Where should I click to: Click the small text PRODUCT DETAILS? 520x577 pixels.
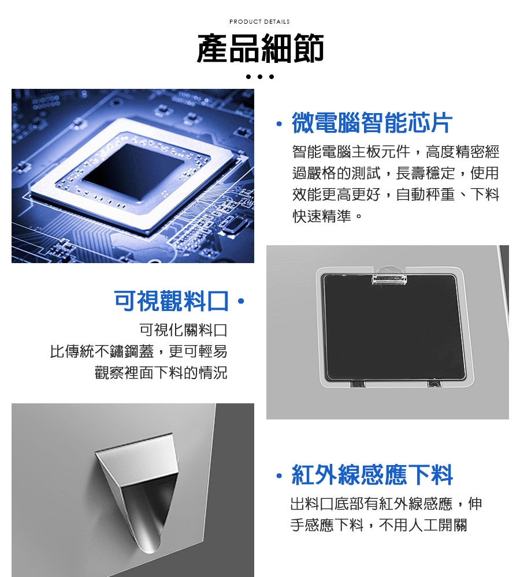click(259, 22)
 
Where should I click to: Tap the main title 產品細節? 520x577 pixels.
click(260, 48)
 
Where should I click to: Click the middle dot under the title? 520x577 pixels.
click(260, 77)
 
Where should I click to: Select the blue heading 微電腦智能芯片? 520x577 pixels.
click(372, 122)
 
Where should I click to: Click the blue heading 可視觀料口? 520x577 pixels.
click(171, 301)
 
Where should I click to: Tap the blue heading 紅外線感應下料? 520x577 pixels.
click(372, 475)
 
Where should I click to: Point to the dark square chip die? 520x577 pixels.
click(133, 172)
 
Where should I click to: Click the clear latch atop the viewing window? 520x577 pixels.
click(389, 276)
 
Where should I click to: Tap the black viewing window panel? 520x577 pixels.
click(393, 327)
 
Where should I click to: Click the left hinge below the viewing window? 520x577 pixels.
click(358, 384)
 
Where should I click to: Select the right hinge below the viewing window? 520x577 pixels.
click(434, 384)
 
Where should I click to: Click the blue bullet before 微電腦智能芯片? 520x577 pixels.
click(279, 124)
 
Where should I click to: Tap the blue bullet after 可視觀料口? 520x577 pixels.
click(241, 302)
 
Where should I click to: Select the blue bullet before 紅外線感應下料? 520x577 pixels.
click(279, 477)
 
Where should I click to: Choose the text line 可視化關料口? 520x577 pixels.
click(183, 330)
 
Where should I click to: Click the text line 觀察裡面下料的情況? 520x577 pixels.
click(161, 373)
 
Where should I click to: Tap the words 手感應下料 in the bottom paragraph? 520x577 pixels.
click(327, 525)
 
